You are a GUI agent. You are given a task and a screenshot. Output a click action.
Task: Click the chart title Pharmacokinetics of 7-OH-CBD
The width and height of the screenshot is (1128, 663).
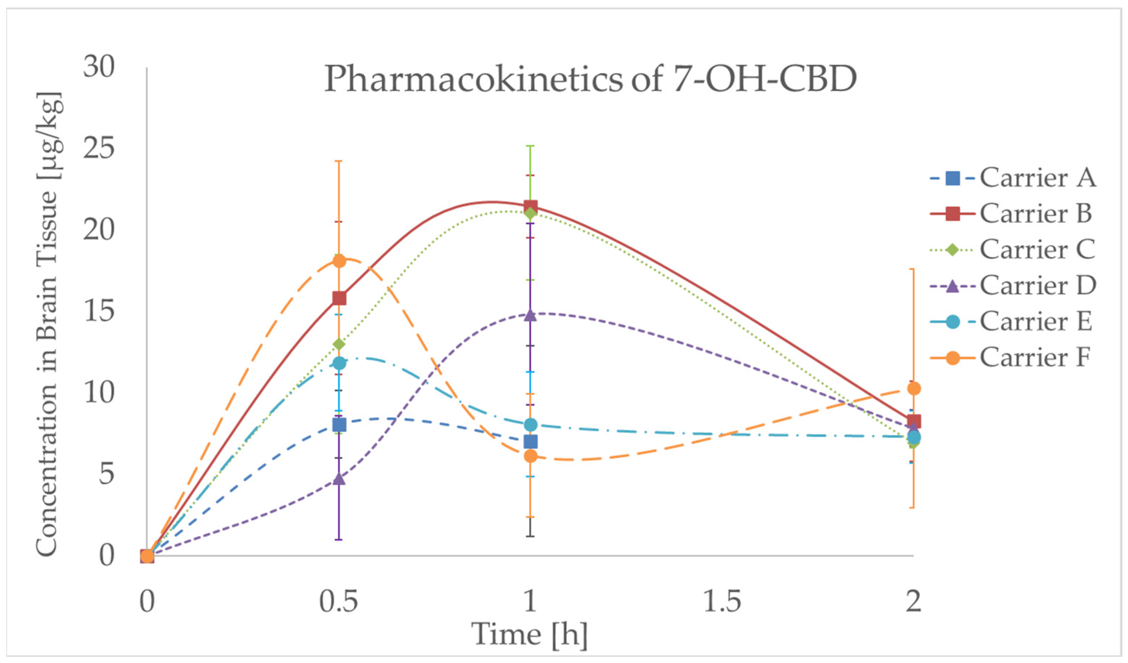pos(590,79)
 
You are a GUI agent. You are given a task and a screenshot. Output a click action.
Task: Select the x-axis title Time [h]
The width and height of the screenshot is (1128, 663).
pos(530,634)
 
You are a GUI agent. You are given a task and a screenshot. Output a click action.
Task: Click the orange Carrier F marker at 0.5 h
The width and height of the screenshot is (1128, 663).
pos(339,261)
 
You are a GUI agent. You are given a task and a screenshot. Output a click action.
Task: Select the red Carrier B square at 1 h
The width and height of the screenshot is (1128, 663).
pos(530,207)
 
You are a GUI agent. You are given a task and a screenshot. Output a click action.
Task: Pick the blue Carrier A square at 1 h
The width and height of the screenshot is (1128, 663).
pos(530,442)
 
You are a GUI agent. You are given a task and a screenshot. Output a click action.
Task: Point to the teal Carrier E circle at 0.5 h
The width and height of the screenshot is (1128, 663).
pos(339,363)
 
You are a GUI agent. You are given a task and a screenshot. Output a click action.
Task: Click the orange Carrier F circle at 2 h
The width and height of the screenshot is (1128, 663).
pos(913,388)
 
